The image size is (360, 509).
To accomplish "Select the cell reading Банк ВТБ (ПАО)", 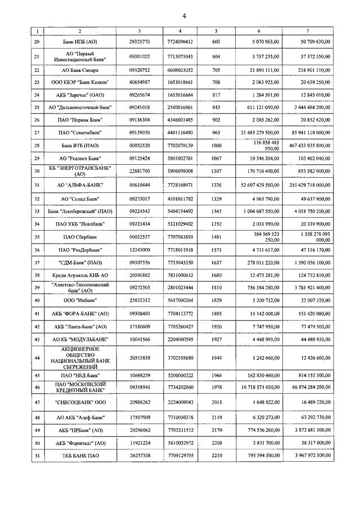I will coord(79,145).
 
